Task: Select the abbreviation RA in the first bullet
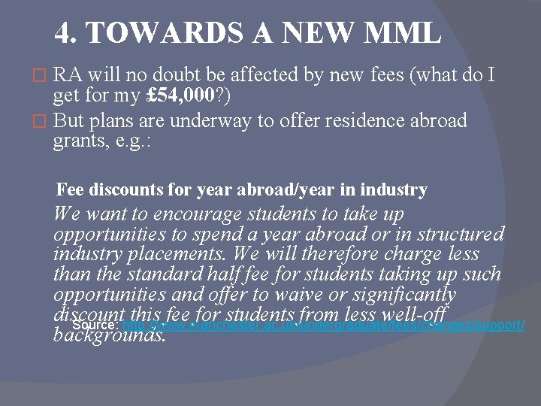pos(68,74)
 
